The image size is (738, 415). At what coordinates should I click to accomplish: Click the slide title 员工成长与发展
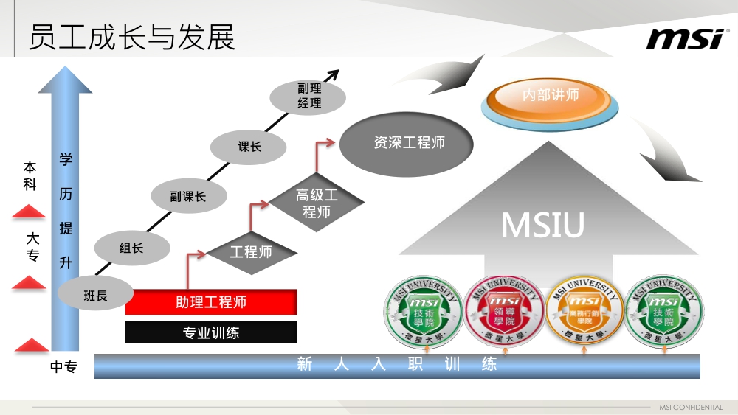[131, 38]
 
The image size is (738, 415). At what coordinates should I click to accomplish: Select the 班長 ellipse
[96, 296]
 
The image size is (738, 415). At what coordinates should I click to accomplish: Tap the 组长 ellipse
[132, 248]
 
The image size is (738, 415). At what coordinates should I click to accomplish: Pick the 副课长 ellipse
[188, 197]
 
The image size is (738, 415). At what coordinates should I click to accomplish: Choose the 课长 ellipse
[249, 147]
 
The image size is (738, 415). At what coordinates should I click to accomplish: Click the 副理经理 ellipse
[309, 97]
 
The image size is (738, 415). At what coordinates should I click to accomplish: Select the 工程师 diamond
[251, 252]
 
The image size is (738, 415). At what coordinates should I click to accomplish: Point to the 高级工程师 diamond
[317, 203]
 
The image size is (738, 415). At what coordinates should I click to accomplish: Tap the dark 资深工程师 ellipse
[409, 143]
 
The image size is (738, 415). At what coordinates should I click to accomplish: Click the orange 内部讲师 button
[550, 96]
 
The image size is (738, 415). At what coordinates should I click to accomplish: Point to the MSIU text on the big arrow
[542, 225]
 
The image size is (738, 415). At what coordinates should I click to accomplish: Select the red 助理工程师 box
[211, 302]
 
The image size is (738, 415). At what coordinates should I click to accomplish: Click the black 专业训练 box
[211, 332]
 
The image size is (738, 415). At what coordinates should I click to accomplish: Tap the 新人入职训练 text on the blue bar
[397, 364]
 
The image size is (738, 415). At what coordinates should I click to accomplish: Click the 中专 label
[63, 367]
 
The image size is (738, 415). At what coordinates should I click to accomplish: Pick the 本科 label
[30, 176]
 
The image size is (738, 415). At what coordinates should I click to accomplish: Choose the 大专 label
[32, 247]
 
